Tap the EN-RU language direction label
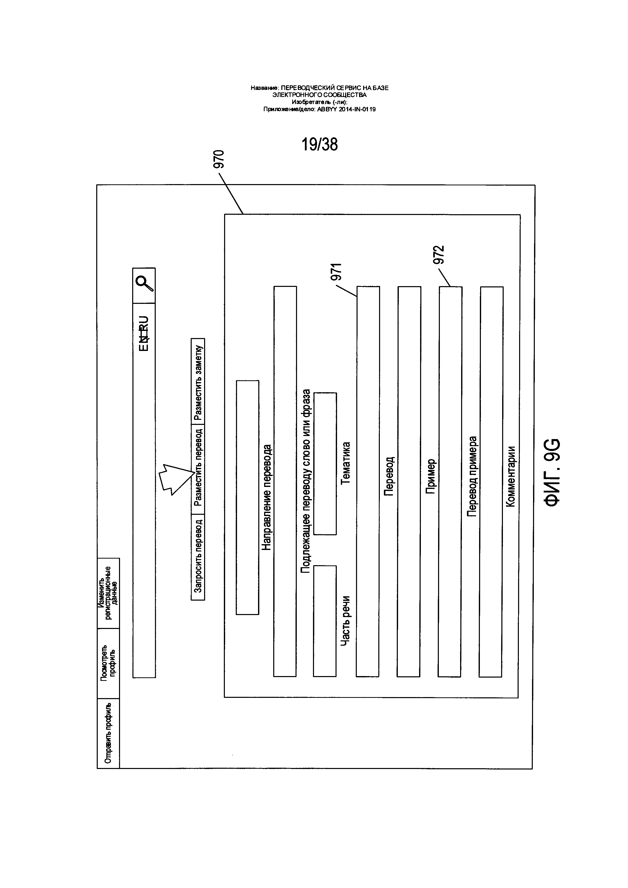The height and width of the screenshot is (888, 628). pyautogui.click(x=144, y=333)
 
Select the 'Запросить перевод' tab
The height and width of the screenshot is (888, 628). pyautogui.click(x=198, y=557)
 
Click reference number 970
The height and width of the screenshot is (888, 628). pyautogui.click(x=219, y=159)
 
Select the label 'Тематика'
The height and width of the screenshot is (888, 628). pyautogui.click(x=345, y=463)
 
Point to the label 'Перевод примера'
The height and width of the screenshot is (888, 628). pyautogui.click(x=472, y=477)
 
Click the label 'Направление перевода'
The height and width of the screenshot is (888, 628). pyautogui.click(x=267, y=497)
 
